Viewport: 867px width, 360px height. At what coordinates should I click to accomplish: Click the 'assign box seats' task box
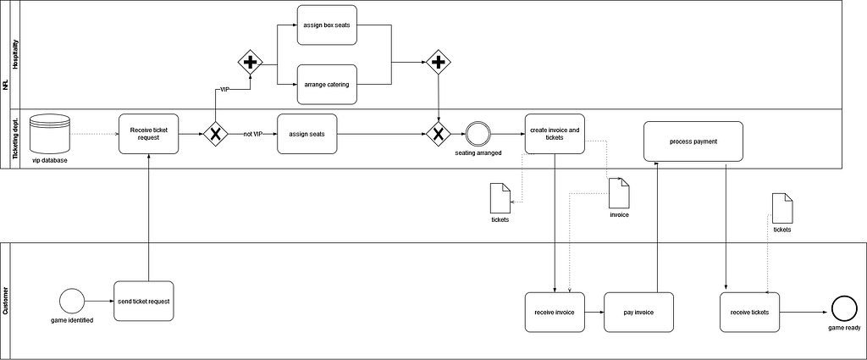tap(327, 25)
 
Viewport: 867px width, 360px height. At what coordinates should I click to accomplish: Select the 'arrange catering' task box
tap(327, 84)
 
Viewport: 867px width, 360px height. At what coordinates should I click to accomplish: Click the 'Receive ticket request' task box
tap(148, 134)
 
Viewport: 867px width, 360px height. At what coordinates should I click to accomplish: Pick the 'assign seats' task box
tap(306, 134)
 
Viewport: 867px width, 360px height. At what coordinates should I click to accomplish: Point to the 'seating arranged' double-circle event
tap(477, 134)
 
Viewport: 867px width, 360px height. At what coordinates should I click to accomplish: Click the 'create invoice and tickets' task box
tap(555, 134)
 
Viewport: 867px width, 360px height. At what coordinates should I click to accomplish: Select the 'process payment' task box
tap(693, 141)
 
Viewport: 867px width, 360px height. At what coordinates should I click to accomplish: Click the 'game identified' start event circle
tap(70, 301)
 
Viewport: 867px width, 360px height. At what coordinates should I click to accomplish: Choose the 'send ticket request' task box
tap(144, 301)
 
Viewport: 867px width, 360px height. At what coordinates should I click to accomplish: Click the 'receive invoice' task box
tap(555, 312)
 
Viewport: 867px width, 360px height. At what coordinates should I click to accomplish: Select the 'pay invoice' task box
tap(638, 312)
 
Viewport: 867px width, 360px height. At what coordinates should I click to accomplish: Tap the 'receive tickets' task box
tap(749, 312)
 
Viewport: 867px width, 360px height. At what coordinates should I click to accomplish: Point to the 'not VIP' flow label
tap(253, 134)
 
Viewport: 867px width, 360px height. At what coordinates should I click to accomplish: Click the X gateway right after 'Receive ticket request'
tap(216, 134)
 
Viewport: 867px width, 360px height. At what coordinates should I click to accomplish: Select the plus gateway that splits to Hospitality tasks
tap(250, 62)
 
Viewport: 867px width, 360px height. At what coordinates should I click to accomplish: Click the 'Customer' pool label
tap(6, 301)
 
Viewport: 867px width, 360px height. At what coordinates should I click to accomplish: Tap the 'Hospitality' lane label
tap(16, 55)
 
